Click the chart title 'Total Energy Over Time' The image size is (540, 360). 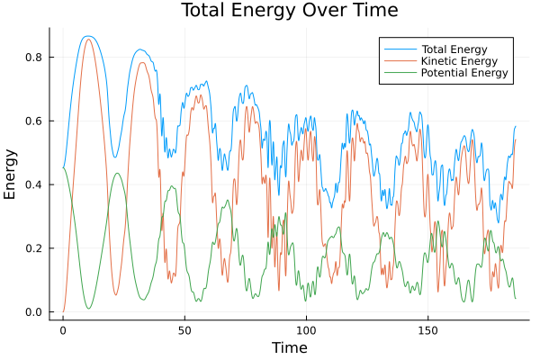tap(277, 11)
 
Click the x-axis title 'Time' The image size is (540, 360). tap(289, 347)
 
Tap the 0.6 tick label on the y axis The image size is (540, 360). tap(33, 121)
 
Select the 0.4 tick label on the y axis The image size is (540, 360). tap(33, 185)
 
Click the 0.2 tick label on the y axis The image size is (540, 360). tap(33, 248)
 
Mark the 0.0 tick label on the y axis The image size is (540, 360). tap(33, 312)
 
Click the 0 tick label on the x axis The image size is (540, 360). tap(63, 329)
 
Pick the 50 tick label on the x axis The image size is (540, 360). tap(184, 329)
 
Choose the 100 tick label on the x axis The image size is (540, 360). tap(306, 329)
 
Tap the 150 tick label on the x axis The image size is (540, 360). tap(427, 329)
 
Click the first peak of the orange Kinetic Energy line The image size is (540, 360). tap(87, 39)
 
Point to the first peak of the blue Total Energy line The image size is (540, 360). tap(87, 36)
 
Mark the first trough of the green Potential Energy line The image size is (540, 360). tap(88, 309)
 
